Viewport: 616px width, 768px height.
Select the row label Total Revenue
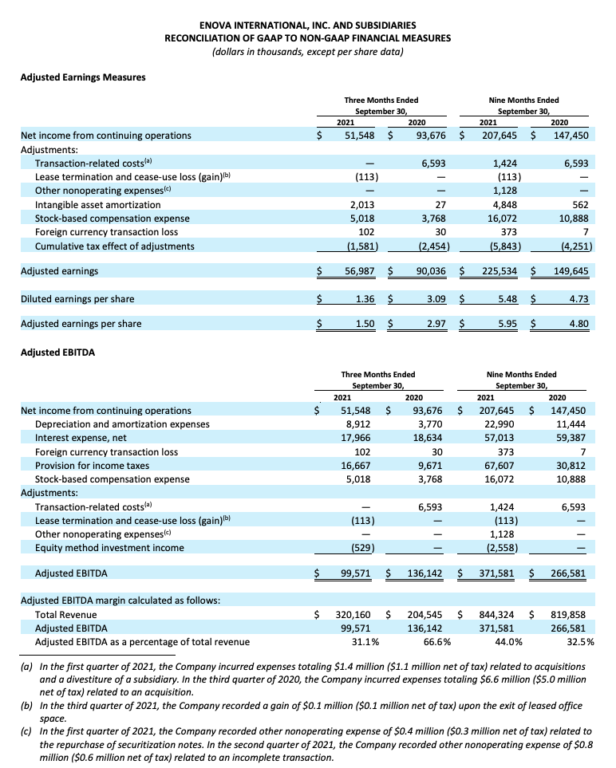(x=65, y=615)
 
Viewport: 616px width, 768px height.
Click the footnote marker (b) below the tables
(x=26, y=706)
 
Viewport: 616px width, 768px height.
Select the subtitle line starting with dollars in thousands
(x=307, y=52)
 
